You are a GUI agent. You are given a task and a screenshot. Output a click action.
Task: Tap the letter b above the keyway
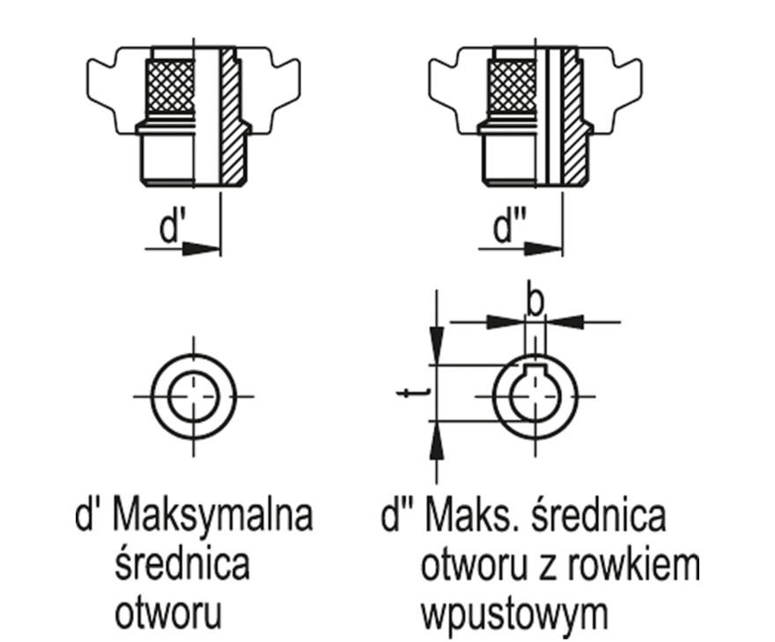pyautogui.click(x=535, y=300)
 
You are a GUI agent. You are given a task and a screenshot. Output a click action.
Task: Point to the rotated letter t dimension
pyautogui.click(x=406, y=394)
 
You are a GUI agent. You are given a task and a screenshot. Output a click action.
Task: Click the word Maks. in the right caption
pyautogui.click(x=464, y=516)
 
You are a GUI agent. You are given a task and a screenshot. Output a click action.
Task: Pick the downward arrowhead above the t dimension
pyautogui.click(x=434, y=339)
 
